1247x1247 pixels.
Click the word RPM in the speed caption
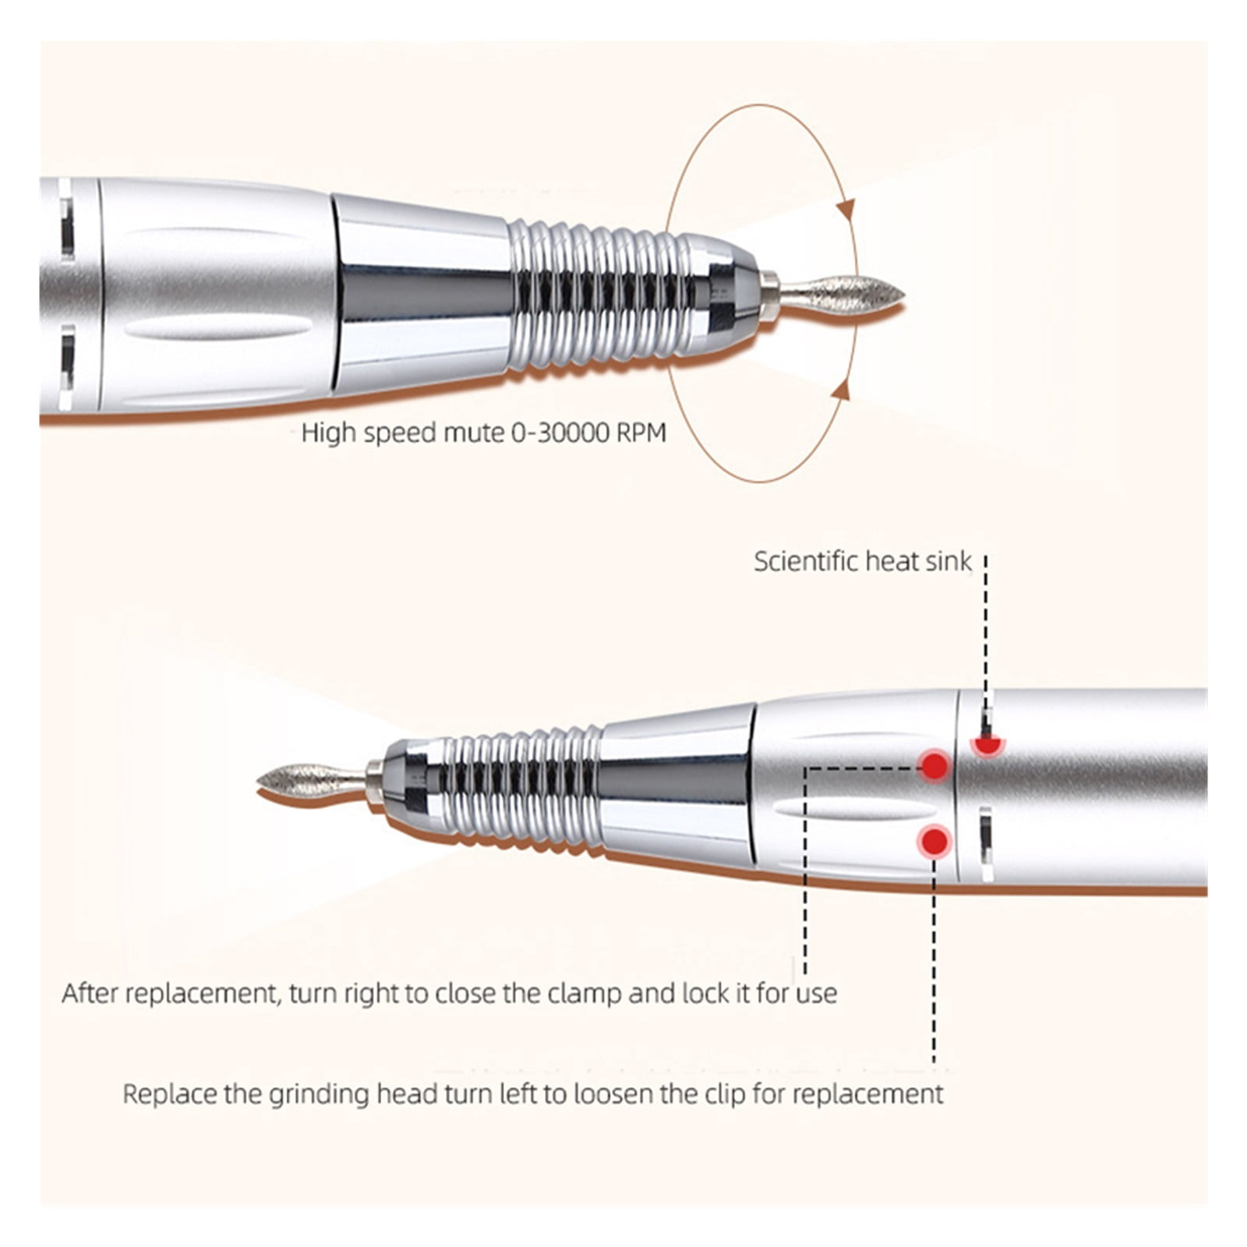pos(641,433)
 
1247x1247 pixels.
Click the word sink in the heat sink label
pos(948,561)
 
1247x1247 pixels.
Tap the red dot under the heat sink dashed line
pos(987,745)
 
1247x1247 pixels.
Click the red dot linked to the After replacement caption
pos(935,767)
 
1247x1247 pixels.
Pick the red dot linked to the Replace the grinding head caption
pos(934,842)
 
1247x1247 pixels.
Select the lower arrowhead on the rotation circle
pos(841,389)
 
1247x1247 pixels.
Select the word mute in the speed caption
pos(475,433)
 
